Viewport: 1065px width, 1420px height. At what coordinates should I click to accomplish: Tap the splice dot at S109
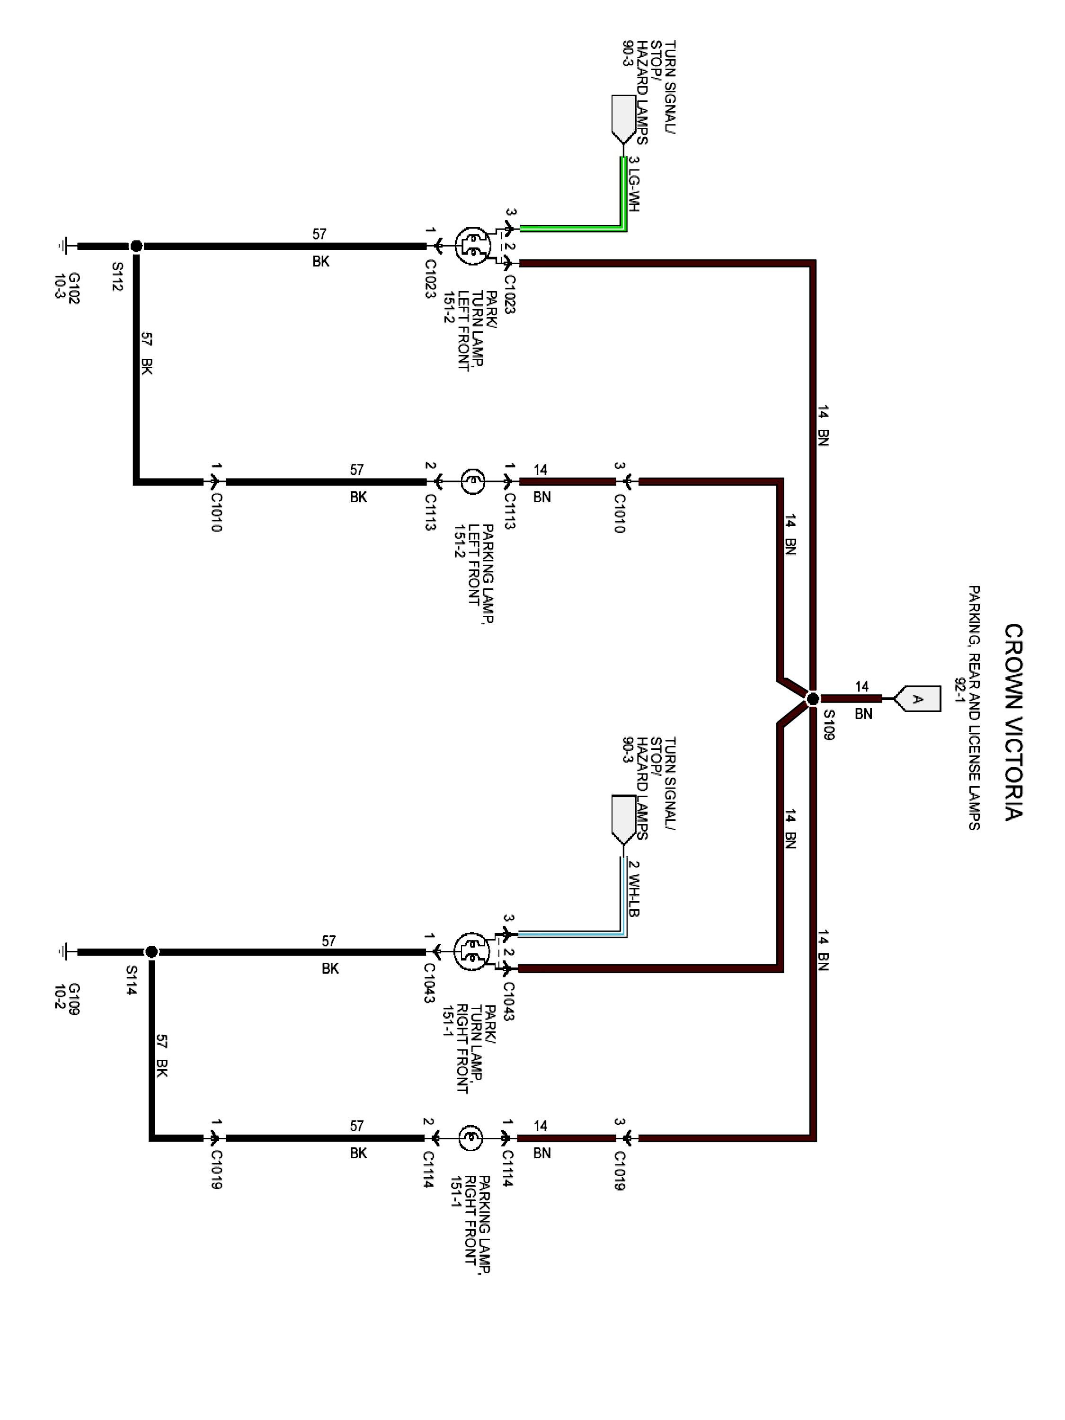tap(812, 699)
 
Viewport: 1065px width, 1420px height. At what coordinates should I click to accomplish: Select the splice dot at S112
tap(136, 246)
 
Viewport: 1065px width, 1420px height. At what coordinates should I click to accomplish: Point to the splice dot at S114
tap(151, 952)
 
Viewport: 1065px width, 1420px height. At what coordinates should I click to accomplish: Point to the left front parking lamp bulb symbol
tap(472, 481)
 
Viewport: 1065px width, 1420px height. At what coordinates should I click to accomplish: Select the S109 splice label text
tap(828, 726)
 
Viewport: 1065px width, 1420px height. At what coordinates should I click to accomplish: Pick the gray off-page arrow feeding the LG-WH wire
tap(623, 119)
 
